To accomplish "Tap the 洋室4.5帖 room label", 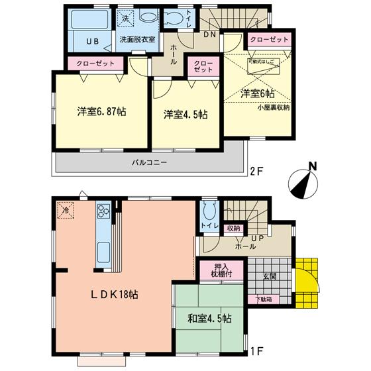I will click(x=185, y=114).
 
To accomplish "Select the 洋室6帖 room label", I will click(x=258, y=94).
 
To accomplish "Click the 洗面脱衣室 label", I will click(x=138, y=40).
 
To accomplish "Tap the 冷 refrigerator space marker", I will click(x=66, y=210).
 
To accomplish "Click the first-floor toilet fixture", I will click(x=209, y=212).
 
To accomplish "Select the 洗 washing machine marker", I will click(x=123, y=19).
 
